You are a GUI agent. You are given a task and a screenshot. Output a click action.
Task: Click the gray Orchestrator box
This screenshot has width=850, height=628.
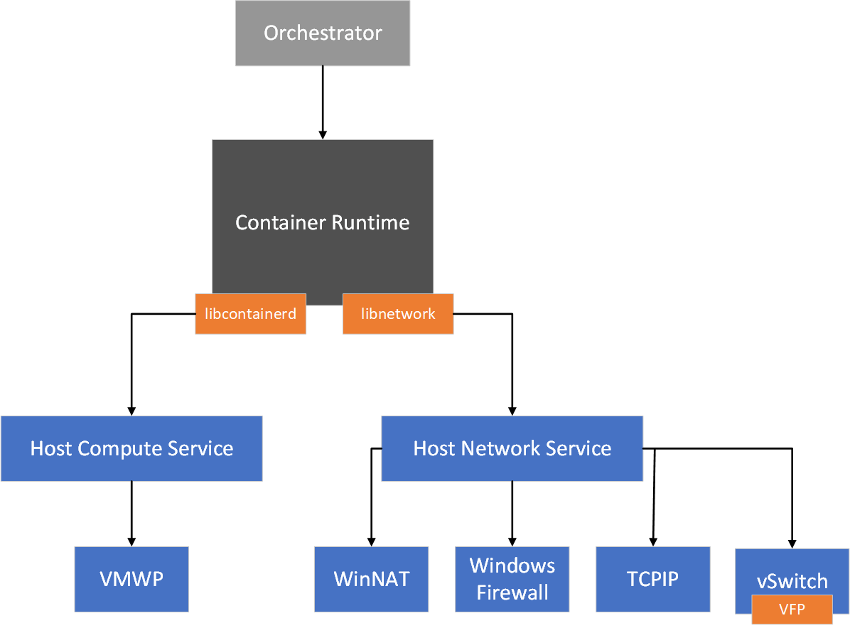323,33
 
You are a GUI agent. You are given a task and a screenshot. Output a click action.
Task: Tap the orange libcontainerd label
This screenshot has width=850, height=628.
250,313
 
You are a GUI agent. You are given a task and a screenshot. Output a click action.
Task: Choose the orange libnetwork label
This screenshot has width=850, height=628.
398,313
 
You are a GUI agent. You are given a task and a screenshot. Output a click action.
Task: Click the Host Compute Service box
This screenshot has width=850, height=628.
131,448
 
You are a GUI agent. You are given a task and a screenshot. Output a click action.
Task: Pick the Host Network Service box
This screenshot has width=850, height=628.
512,448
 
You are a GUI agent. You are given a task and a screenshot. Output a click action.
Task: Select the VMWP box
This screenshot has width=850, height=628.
131,579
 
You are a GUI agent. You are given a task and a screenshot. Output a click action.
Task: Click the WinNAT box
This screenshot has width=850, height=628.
372,579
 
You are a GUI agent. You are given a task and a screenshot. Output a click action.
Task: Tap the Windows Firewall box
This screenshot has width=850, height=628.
512,579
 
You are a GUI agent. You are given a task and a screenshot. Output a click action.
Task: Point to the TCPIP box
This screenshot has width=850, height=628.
652,579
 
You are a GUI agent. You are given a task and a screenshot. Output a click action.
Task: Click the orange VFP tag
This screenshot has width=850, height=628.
791,610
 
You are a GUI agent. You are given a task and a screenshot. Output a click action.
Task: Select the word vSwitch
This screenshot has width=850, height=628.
792,581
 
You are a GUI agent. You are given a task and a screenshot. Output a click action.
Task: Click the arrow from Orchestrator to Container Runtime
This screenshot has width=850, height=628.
323,99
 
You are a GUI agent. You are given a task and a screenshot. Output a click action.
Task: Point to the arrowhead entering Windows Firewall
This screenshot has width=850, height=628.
512,541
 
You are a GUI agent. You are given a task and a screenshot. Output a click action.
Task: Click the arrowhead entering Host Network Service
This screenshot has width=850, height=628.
512,410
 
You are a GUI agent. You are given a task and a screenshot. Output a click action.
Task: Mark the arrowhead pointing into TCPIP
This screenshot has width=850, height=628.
652,541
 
